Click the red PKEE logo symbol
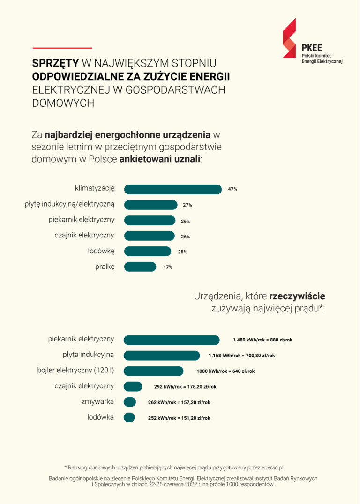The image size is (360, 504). point(289,38)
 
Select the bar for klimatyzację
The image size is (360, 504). point(172,189)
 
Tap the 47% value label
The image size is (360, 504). point(232,189)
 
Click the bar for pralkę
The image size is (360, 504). point(140,267)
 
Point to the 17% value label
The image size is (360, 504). point(168,267)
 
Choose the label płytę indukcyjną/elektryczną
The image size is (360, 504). point(69,204)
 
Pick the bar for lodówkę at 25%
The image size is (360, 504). point(147,251)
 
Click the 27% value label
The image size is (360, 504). point(187,205)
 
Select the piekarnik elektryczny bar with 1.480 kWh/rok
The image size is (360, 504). point(172,340)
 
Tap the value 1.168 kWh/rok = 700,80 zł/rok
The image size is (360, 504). point(241,356)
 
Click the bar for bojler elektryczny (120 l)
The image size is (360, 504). point(153,371)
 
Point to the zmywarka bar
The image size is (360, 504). point(129,402)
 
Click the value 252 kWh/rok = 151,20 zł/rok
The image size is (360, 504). point(177,418)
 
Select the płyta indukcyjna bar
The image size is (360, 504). point(161,356)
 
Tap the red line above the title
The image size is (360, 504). point(62,48)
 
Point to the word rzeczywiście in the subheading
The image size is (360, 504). point(297,296)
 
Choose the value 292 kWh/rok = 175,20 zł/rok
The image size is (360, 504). point(185,387)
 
